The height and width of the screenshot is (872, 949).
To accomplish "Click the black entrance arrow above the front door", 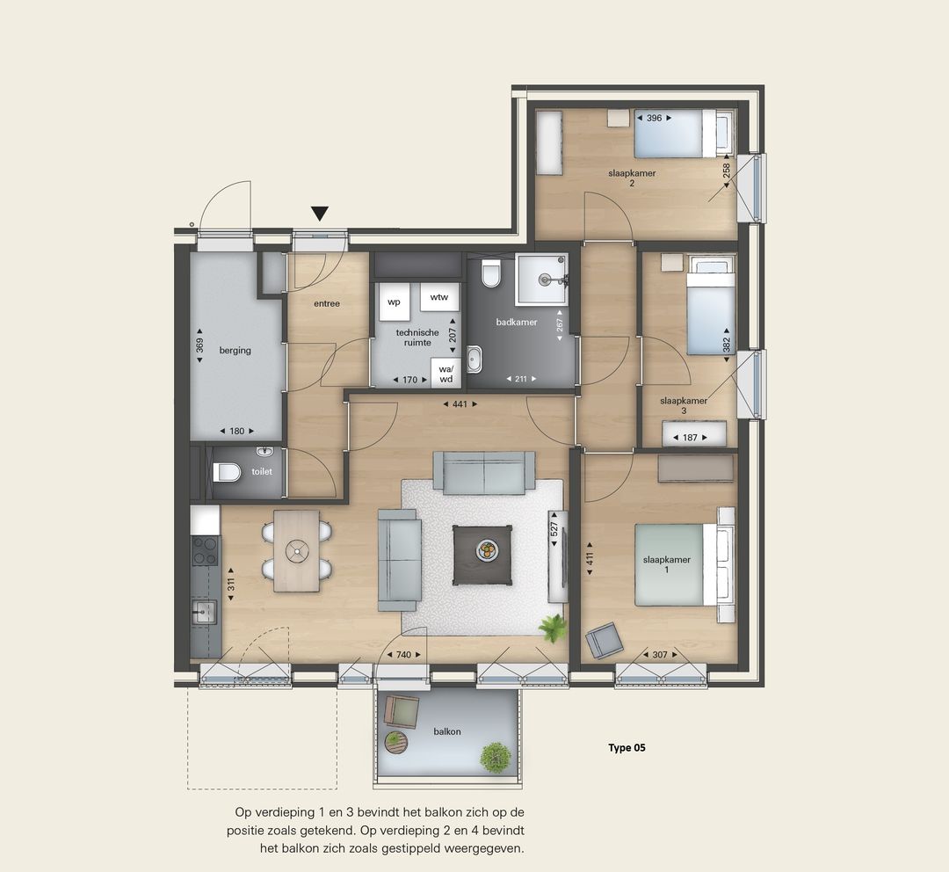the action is (x=320, y=213).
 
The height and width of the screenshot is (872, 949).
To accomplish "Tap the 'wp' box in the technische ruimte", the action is (x=394, y=302).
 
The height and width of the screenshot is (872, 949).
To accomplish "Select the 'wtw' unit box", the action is (x=439, y=297).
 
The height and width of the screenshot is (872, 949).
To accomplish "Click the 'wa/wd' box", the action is (x=446, y=374).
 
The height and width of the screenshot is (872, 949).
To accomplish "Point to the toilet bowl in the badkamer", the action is (x=491, y=273).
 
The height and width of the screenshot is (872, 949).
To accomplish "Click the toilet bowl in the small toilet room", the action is (x=227, y=472).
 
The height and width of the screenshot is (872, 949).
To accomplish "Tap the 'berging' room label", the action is (x=235, y=350).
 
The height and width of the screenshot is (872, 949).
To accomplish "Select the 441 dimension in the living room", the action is (x=460, y=403).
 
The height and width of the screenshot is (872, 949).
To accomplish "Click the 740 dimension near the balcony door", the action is (x=403, y=655).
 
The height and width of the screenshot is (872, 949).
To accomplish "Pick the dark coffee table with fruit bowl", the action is (x=482, y=556).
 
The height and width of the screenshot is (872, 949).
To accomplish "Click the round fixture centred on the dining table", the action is (x=297, y=550).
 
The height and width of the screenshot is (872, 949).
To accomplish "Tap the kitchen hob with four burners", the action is (x=205, y=550).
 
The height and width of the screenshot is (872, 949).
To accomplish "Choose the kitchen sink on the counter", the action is (x=203, y=611).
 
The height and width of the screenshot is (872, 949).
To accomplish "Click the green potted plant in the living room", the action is (x=553, y=628).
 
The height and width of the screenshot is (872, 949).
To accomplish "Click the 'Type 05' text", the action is (x=627, y=748).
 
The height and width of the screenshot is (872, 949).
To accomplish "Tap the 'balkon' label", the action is (x=447, y=731).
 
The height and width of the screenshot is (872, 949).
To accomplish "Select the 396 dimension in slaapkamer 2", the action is (x=655, y=118).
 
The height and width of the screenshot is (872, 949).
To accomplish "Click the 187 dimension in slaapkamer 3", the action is (x=690, y=437).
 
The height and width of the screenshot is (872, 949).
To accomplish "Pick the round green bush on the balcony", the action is (x=496, y=757).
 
